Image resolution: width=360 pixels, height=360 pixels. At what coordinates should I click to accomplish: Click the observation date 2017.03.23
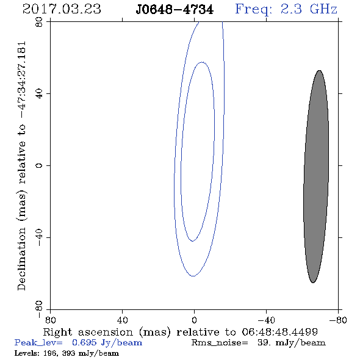pyautogui.click(x=62, y=9)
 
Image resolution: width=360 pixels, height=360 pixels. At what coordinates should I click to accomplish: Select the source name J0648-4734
pyautogui.click(x=175, y=10)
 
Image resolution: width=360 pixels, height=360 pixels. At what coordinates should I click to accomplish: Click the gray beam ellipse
pyautogui.click(x=316, y=176)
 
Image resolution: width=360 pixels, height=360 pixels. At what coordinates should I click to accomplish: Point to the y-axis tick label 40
pyautogui.click(x=40, y=94)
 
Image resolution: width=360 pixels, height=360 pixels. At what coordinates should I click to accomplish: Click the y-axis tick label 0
pyautogui.click(x=40, y=165)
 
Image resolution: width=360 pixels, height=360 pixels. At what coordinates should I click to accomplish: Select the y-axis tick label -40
pyautogui.click(x=40, y=237)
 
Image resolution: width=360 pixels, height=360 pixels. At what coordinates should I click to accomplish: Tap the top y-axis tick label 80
pyautogui.click(x=40, y=22)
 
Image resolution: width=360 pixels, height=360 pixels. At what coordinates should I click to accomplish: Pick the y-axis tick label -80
pyautogui.click(x=40, y=309)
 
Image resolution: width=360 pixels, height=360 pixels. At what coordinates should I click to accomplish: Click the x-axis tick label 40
pyautogui.click(x=122, y=320)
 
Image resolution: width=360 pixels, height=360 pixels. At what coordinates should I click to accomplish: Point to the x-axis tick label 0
pyautogui.click(x=194, y=320)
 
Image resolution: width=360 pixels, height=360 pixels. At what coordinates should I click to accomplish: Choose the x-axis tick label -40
pyautogui.click(x=266, y=320)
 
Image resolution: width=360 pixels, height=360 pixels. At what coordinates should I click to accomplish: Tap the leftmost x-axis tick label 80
pyautogui.click(x=50, y=320)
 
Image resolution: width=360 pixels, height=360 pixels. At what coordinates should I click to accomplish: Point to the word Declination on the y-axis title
pyautogui.click(x=21, y=259)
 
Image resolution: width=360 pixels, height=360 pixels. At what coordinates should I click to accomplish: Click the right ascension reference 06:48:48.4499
pyautogui.click(x=279, y=332)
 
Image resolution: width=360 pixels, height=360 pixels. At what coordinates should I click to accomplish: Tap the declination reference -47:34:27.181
pyautogui.click(x=22, y=80)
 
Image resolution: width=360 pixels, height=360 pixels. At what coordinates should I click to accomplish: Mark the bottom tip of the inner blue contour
pyautogui.click(x=192, y=241)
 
